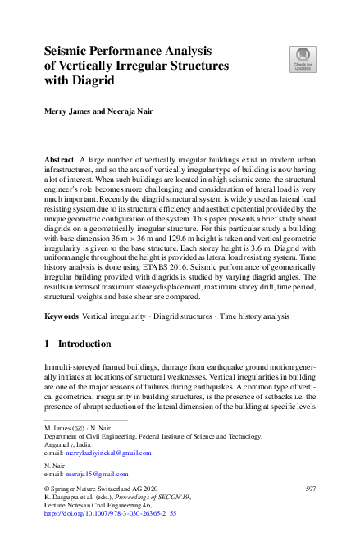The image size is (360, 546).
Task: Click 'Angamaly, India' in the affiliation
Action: tap(70, 444)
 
